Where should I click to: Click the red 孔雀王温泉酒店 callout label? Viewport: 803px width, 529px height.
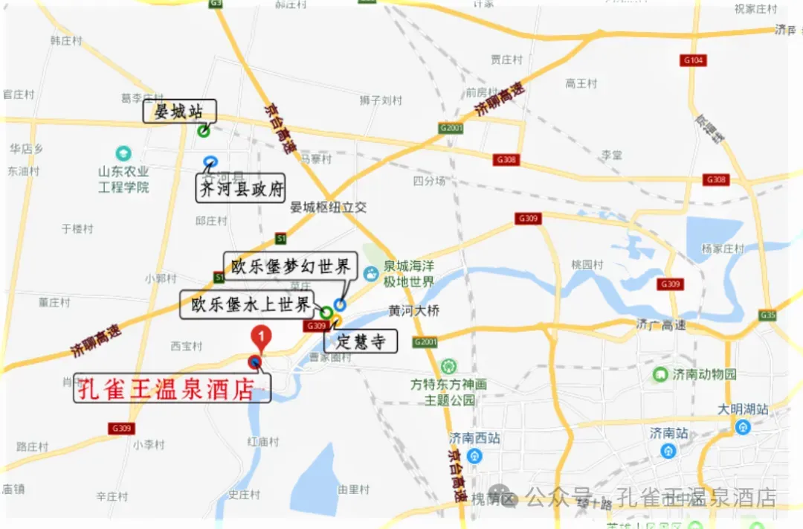pos(172,388)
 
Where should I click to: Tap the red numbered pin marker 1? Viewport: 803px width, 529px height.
pos(260,337)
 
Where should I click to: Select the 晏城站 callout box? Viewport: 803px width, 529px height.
pos(179,112)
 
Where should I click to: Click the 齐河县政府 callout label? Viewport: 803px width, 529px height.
pos(241,189)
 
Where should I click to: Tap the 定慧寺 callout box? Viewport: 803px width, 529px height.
pos(361,342)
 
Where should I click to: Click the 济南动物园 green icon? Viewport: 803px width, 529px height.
pos(660,374)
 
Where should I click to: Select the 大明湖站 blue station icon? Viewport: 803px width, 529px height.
pos(742,427)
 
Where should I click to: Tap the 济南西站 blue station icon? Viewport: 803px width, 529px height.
pos(475,455)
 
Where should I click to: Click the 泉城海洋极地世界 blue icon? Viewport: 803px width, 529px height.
pos(371,274)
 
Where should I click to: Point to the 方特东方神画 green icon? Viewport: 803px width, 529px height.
pos(448,367)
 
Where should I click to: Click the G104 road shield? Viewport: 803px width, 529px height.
pos(693,60)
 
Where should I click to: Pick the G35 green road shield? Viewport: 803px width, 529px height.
pos(768,315)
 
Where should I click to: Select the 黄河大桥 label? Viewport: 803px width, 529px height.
pos(414,310)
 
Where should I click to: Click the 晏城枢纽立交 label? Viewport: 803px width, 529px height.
pos(329,208)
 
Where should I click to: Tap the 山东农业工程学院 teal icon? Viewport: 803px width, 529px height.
pos(123,154)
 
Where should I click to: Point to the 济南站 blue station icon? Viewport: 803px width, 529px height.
pos(668,451)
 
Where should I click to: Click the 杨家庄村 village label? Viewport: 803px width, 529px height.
pos(723,249)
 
